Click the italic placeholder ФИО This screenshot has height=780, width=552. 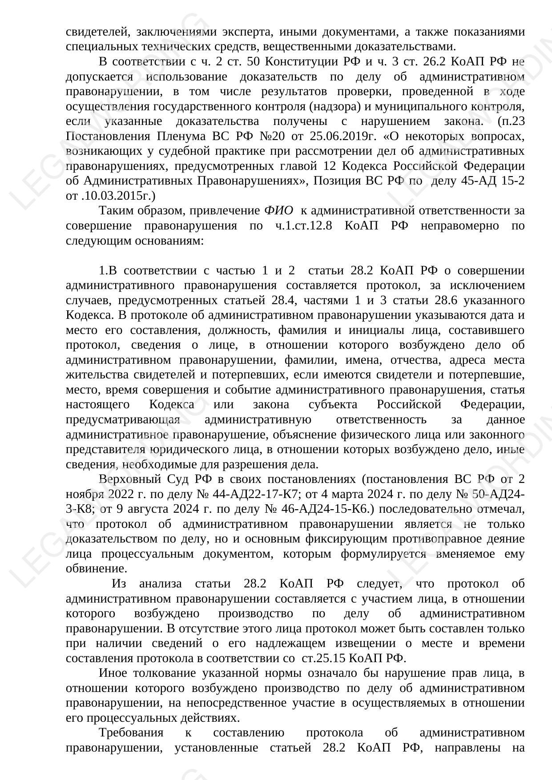tap(278, 210)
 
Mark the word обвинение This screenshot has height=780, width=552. tap(96, 568)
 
